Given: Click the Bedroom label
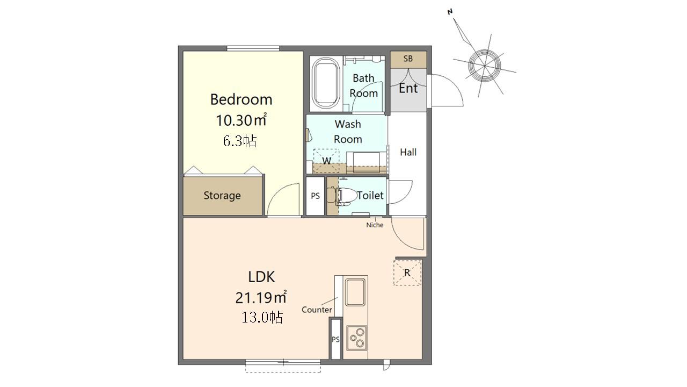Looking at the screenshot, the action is (x=241, y=99).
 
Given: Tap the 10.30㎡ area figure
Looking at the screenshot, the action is (x=241, y=120).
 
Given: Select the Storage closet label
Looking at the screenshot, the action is (x=222, y=196).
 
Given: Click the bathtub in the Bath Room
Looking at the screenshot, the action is (x=326, y=83).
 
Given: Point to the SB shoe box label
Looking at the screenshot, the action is (x=408, y=59).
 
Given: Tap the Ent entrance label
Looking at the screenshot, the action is (x=408, y=89).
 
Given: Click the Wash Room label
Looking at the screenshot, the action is (x=348, y=132).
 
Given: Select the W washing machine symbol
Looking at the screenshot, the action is (x=326, y=161).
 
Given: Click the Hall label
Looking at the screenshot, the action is (x=408, y=152).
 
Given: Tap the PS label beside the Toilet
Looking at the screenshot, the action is (x=315, y=196).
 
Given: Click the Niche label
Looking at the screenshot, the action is (x=375, y=225).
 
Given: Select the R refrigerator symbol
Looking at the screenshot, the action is (x=407, y=273).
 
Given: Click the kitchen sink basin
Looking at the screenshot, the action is (x=355, y=292).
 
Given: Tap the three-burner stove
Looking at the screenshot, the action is (x=357, y=338).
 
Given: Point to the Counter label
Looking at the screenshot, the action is (x=317, y=310).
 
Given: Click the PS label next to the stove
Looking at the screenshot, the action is (x=335, y=339).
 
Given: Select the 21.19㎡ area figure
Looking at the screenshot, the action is (x=261, y=297).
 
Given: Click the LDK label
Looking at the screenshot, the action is (x=261, y=277).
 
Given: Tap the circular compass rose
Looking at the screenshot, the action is (x=485, y=66).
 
